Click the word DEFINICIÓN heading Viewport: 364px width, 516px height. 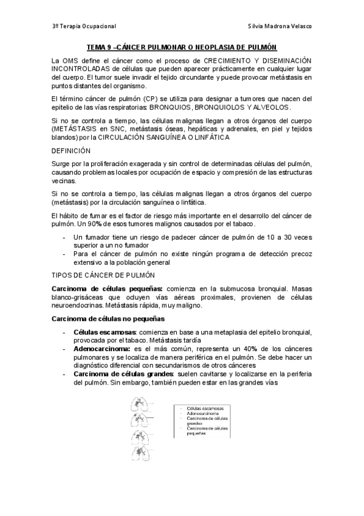tap(71, 150)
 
